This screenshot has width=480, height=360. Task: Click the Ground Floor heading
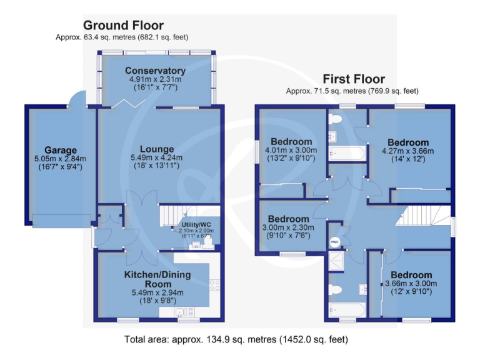click(x=123, y=26)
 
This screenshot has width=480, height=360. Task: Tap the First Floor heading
click(x=353, y=79)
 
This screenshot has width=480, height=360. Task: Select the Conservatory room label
click(x=155, y=71)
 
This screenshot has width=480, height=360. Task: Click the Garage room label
click(x=60, y=150)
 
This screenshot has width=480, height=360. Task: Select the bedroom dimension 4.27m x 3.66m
click(x=407, y=151)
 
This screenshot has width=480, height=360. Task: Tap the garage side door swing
click(x=76, y=99)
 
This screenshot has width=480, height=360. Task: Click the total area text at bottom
click(x=236, y=339)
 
